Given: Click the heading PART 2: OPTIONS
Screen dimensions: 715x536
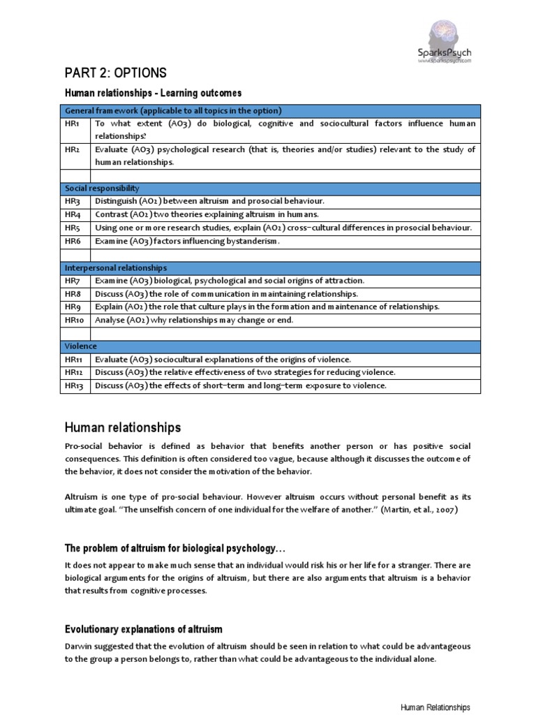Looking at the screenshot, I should coord(116,73).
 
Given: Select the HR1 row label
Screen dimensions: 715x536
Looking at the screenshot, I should coord(72,124).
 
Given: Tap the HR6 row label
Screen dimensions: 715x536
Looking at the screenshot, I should coord(73,241).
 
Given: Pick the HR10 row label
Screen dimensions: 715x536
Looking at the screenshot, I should coord(75,320).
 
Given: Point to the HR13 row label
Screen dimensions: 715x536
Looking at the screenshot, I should coord(75,385).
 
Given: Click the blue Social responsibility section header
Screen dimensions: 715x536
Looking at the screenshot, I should coord(102,189).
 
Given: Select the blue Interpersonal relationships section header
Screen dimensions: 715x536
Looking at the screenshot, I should coord(115,267).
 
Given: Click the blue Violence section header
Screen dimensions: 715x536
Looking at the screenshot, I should coord(81,346).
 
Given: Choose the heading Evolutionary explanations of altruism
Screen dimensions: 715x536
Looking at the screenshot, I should coord(144,629).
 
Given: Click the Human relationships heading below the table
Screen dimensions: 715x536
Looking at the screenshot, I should coord(123,427).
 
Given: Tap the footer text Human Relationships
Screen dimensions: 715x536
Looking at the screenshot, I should coord(435,707).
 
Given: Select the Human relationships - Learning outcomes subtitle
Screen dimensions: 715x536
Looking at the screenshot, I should coord(153,93).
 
